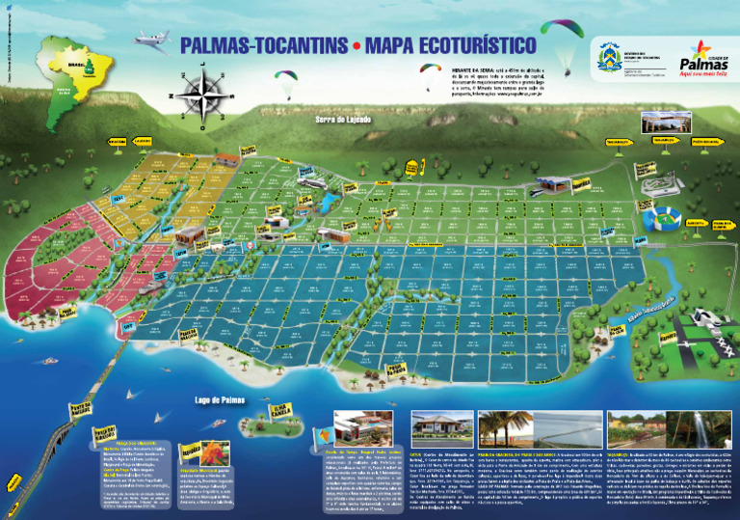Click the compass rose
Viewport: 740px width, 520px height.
(x=200, y=95)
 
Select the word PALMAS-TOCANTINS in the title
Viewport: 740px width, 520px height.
(x=261, y=44)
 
